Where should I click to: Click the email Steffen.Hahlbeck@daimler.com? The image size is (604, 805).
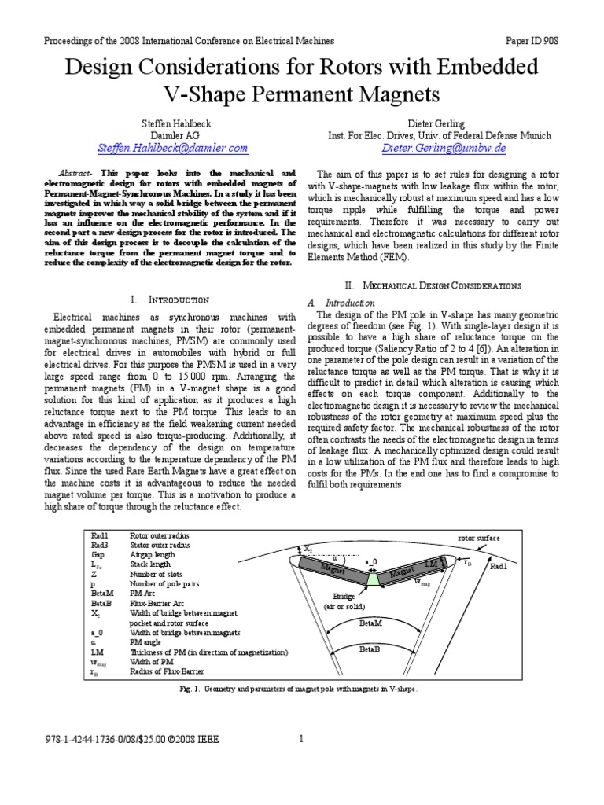[x=172, y=147]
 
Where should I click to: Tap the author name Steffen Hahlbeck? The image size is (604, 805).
[x=172, y=123]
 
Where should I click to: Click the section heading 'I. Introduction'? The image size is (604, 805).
[x=171, y=299]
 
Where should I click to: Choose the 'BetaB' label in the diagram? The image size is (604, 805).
[x=370, y=649]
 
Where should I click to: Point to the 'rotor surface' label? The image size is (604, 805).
[x=479, y=538]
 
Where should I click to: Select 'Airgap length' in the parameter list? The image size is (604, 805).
[x=153, y=553]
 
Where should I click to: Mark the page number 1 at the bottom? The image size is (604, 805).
[x=301, y=737]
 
